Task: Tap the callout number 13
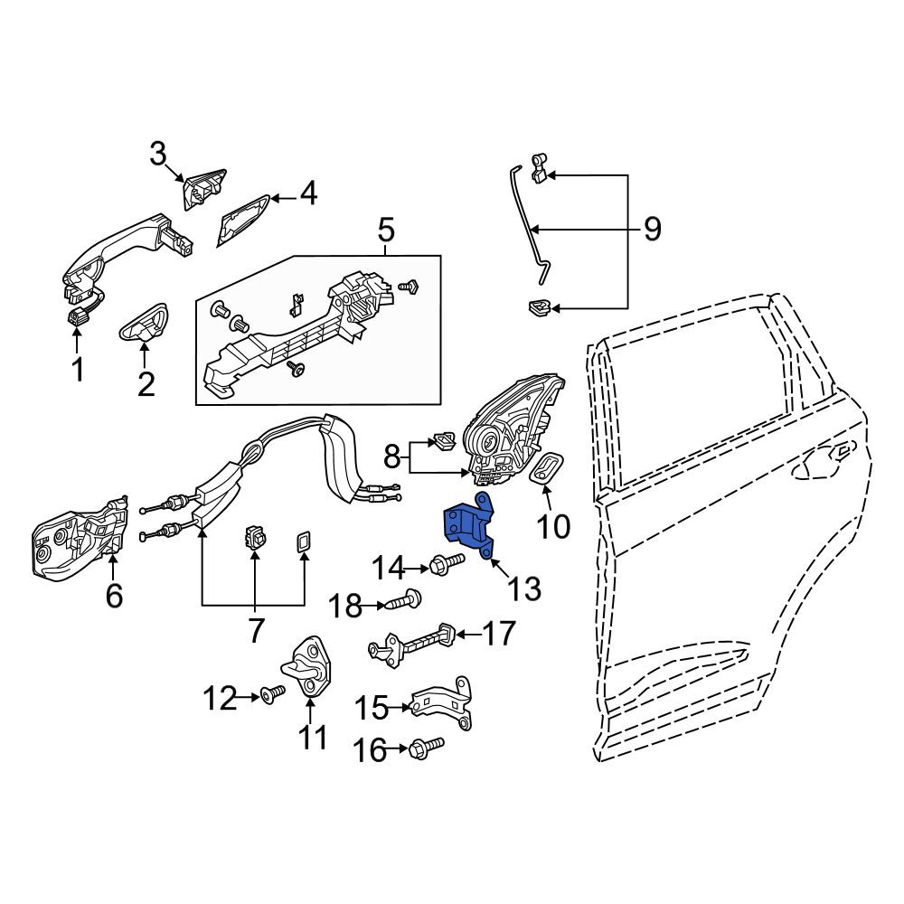pyautogui.click(x=524, y=589)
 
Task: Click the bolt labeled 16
pyautogui.click(x=426, y=748)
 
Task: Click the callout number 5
pyautogui.click(x=386, y=230)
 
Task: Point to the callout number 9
pyautogui.click(x=652, y=229)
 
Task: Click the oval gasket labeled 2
pyautogui.click(x=144, y=324)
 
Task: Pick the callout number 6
pyautogui.click(x=114, y=595)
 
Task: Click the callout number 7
pyautogui.click(x=256, y=630)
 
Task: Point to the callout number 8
pyautogui.click(x=392, y=458)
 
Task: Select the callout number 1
pyautogui.click(x=78, y=369)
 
